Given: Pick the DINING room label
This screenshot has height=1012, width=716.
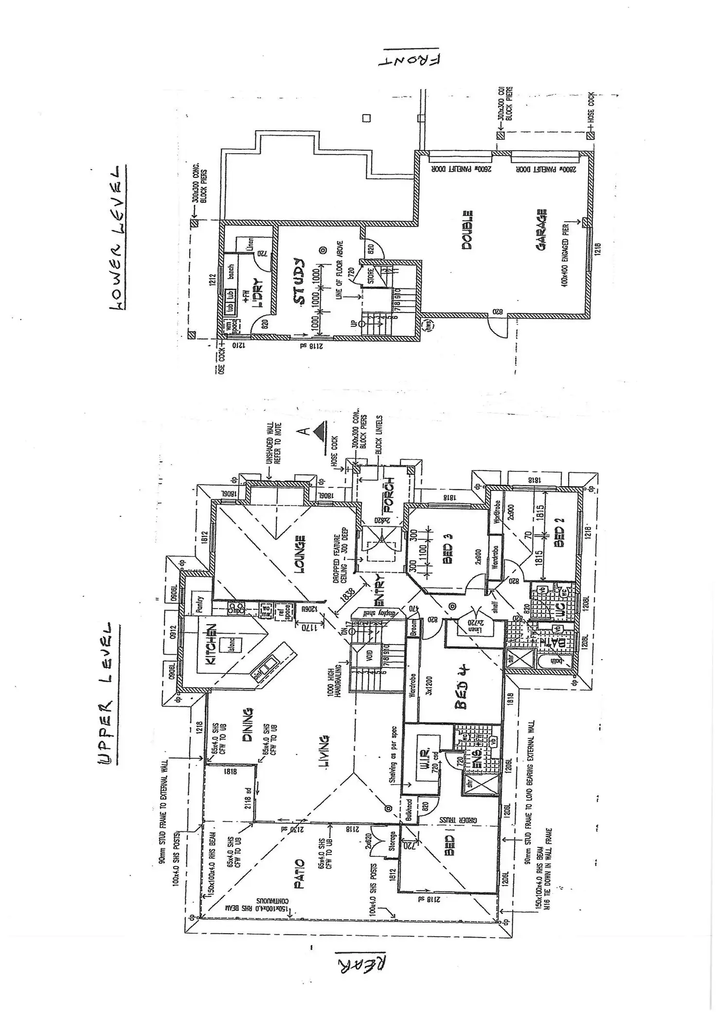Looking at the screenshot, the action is tap(247, 725).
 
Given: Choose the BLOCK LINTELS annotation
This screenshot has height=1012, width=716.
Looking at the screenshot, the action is tap(379, 435).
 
